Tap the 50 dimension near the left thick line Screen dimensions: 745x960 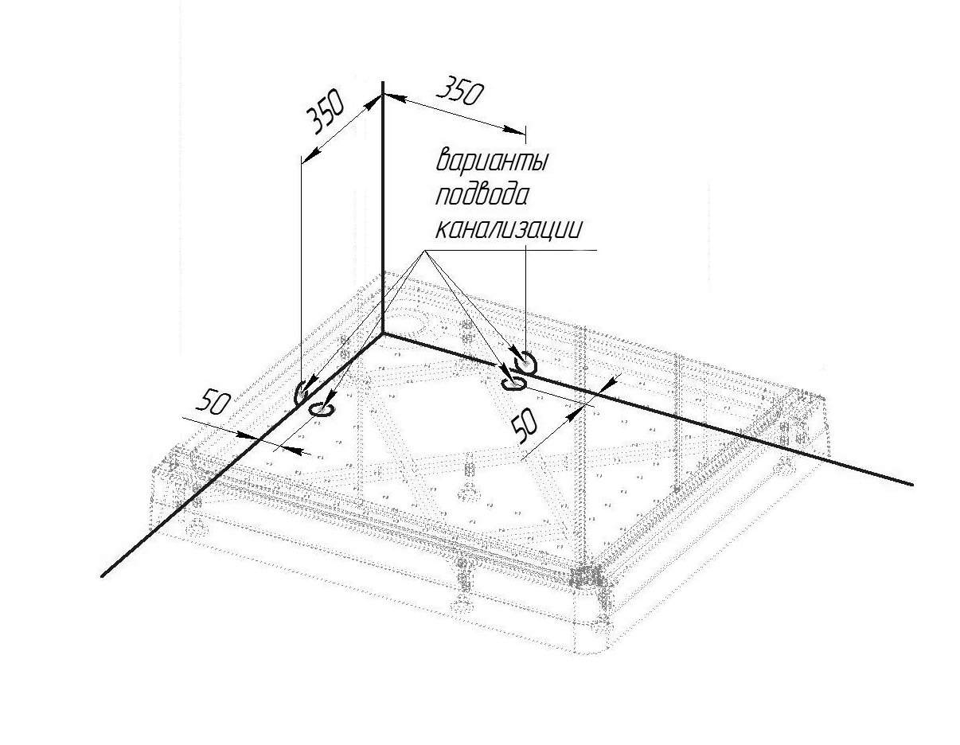coord(213,403)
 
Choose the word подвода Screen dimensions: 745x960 coord(482,195)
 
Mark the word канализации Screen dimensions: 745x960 coord(509,230)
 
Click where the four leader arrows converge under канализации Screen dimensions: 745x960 coord(424,251)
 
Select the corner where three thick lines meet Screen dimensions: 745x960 coord(383,334)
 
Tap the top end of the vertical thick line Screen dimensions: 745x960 coord(383,83)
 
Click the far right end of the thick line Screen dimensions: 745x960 coord(911,483)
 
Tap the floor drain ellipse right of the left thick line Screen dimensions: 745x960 coord(322,409)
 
